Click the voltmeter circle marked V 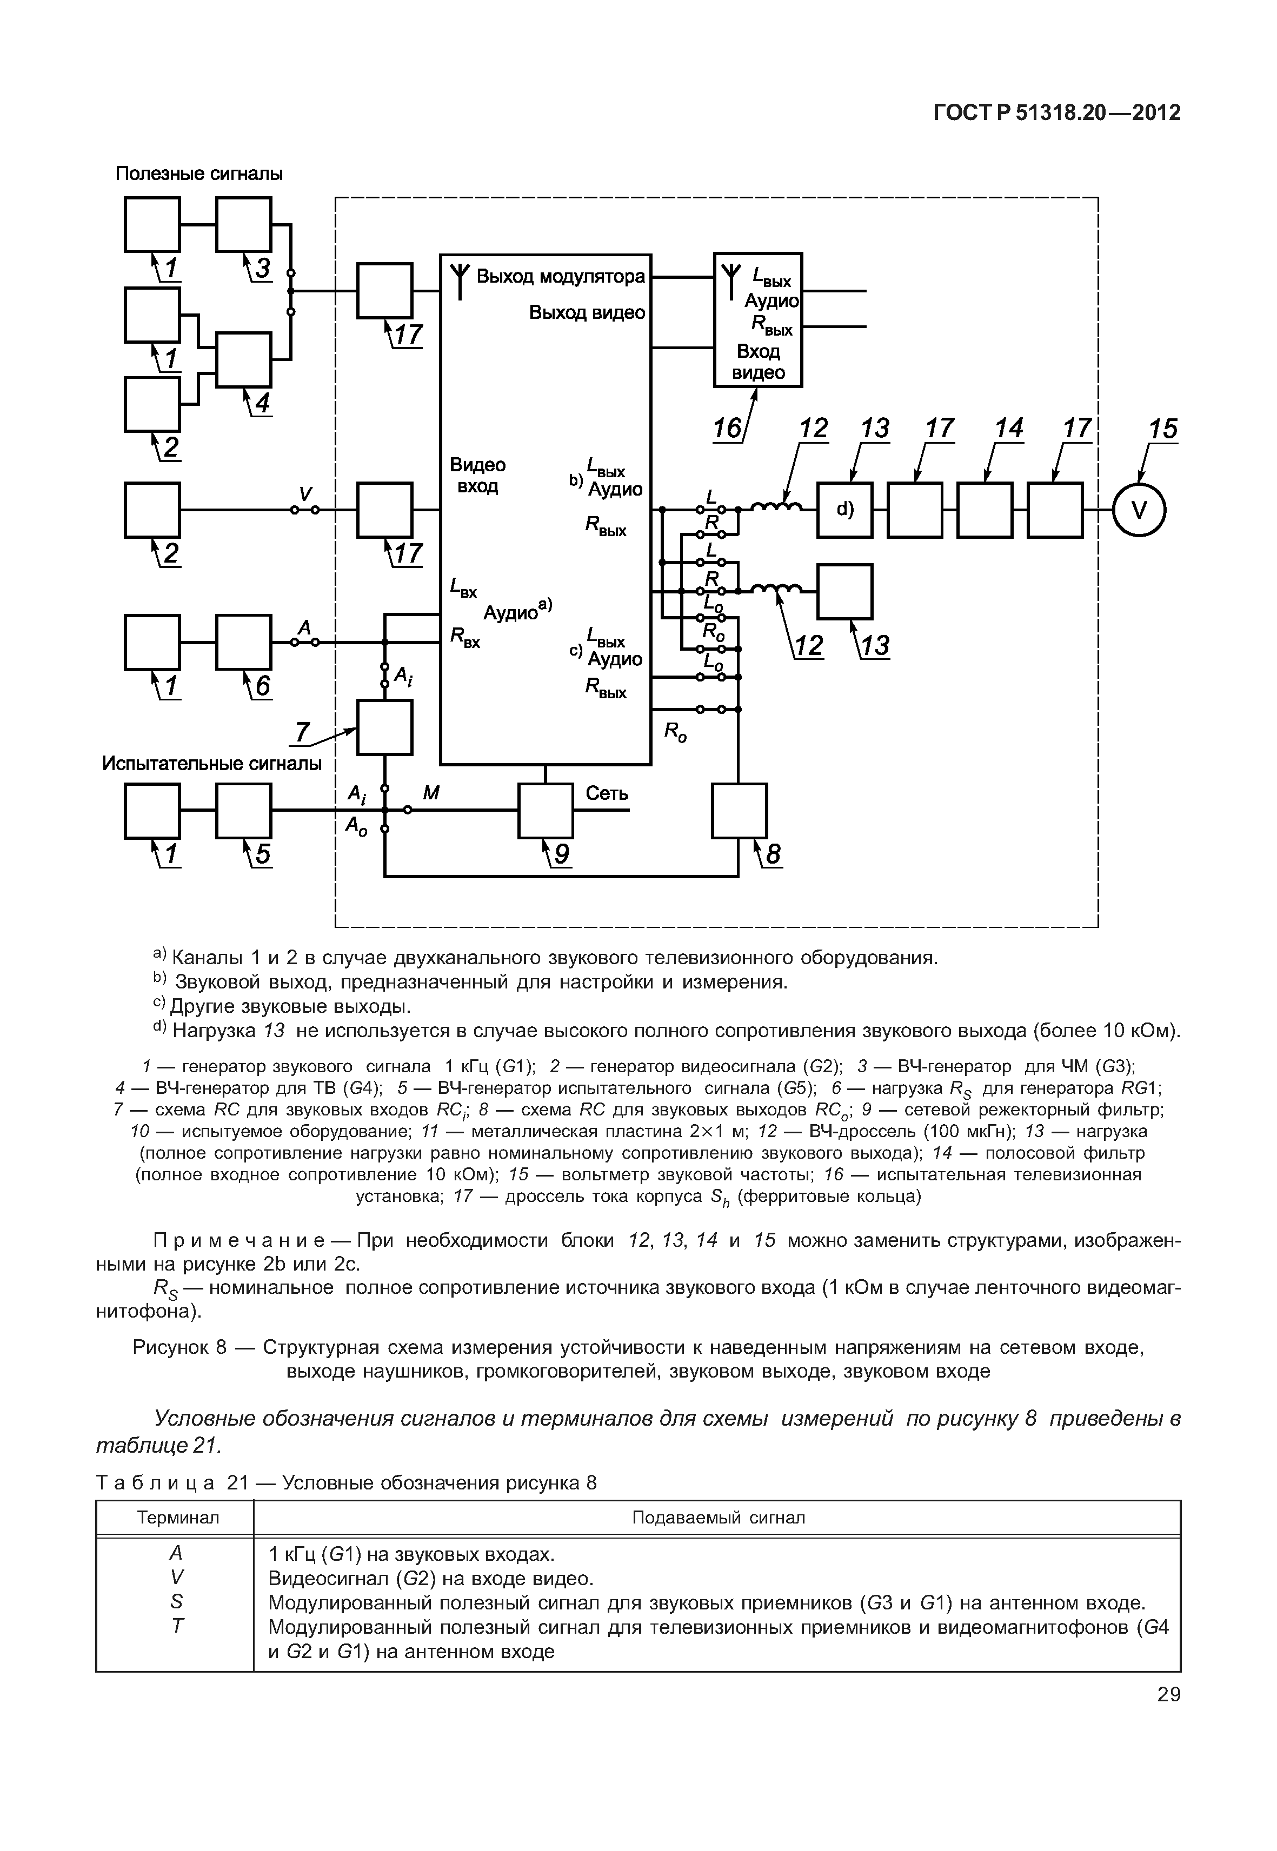click(x=1139, y=510)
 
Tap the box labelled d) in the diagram click(x=844, y=510)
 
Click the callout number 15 click(x=1162, y=430)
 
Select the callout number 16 click(x=727, y=430)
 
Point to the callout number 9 click(x=562, y=856)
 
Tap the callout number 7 click(x=302, y=731)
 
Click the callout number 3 click(x=262, y=268)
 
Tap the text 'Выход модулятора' click(x=560, y=277)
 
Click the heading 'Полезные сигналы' click(x=199, y=173)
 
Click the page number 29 click(x=1168, y=1694)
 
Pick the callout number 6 click(x=262, y=686)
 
